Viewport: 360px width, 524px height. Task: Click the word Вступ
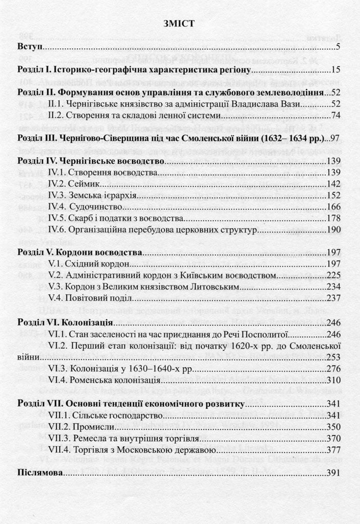click(29, 48)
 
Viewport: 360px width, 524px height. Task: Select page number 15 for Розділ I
click(335, 70)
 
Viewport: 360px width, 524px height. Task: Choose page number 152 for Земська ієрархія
click(333, 195)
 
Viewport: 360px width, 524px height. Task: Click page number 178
click(333, 219)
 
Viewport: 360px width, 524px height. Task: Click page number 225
click(333, 276)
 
